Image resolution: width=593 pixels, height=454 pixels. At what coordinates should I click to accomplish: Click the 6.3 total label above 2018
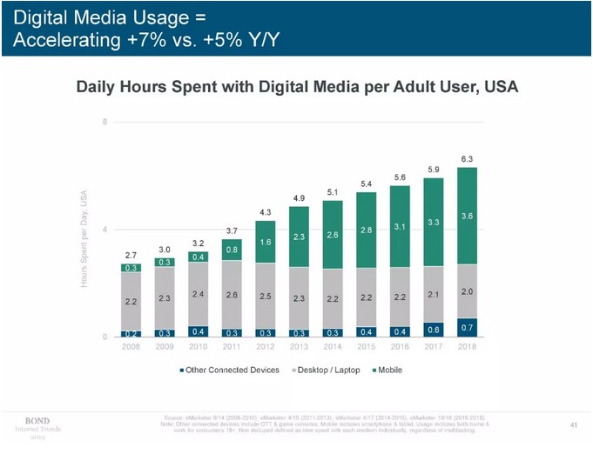pos(467,158)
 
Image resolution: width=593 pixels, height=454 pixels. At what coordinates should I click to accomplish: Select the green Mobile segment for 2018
pos(467,215)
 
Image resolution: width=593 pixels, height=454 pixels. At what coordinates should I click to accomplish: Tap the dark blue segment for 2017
pos(434,329)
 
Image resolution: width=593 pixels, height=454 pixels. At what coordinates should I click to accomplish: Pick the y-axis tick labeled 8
pos(105,122)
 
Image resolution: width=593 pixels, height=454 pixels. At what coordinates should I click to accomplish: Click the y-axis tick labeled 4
pos(105,229)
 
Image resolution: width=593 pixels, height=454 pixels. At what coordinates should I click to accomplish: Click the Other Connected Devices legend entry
pos(230,370)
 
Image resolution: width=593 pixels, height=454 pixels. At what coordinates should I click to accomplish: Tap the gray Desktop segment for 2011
pos(232,294)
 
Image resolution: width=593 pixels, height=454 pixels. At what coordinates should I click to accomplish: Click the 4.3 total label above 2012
pos(266,212)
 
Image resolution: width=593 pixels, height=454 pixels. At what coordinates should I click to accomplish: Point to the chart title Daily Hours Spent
pos(297,87)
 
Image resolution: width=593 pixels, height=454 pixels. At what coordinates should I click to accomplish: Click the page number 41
pos(573,424)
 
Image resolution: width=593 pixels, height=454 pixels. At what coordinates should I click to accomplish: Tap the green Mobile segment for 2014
pos(333,235)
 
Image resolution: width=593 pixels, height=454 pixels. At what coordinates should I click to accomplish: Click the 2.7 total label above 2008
pos(131,255)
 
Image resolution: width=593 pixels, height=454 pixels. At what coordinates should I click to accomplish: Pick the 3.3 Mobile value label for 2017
pos(434,222)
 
